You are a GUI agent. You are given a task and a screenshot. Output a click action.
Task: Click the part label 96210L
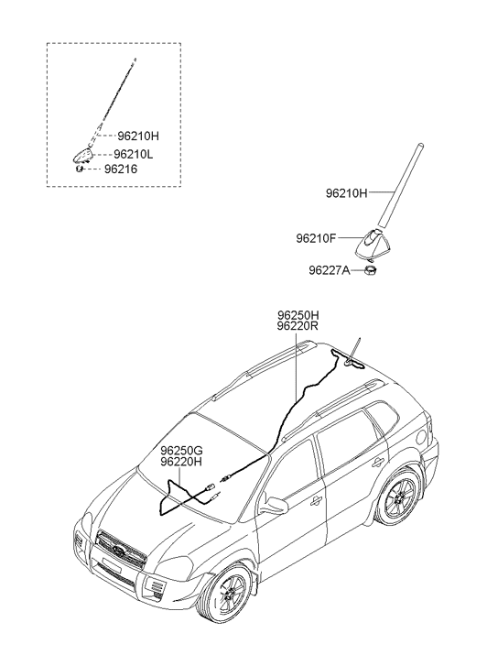(x=134, y=154)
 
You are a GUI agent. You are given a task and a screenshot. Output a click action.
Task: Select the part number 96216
(x=121, y=169)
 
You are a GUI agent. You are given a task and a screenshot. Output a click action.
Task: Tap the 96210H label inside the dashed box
(x=138, y=136)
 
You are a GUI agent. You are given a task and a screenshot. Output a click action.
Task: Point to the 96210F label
(x=316, y=239)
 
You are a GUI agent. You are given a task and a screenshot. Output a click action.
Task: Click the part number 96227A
(x=330, y=270)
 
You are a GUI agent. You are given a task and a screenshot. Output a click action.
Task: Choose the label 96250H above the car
(x=298, y=315)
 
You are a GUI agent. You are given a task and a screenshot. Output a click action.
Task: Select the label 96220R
(x=298, y=326)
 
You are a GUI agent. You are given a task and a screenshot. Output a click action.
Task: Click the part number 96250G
(x=181, y=451)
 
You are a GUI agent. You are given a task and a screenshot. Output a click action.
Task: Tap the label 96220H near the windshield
(x=181, y=462)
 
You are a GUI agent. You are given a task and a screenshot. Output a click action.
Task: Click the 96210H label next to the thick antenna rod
(x=346, y=193)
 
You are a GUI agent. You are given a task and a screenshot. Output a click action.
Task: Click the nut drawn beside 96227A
(x=372, y=269)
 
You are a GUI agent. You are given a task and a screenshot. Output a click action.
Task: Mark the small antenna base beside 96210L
(x=83, y=156)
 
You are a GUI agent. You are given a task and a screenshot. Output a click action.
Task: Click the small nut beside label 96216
(x=79, y=169)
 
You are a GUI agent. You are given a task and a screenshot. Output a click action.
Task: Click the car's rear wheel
(x=399, y=497)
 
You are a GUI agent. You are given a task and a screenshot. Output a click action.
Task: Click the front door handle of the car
(x=317, y=502)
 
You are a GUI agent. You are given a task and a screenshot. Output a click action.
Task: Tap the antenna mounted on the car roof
(x=353, y=352)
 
